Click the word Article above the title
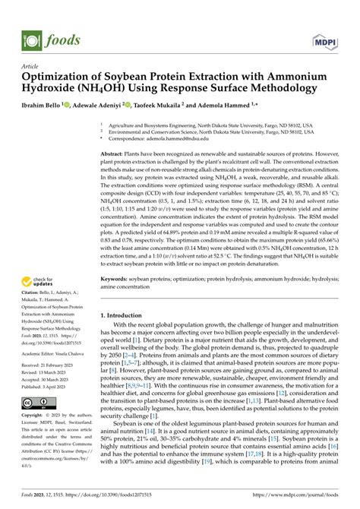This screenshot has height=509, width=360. click(x=33, y=67)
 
